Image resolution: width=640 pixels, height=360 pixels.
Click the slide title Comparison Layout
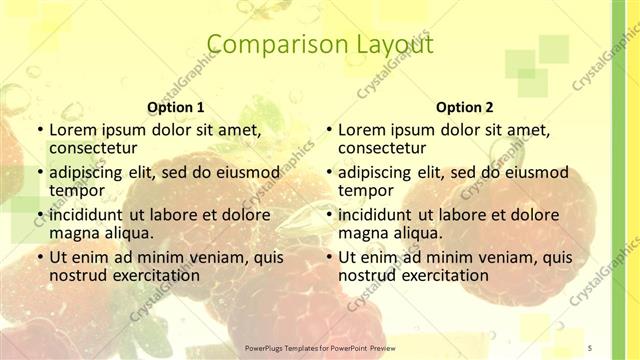pyautogui.click(x=320, y=45)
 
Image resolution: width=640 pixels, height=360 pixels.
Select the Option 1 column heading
pyautogui.click(x=176, y=107)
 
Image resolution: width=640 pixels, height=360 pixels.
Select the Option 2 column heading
pyautogui.click(x=464, y=107)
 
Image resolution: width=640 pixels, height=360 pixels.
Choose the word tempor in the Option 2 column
pyautogui.click(x=365, y=190)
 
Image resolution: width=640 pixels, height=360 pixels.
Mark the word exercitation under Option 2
pyautogui.click(x=442, y=275)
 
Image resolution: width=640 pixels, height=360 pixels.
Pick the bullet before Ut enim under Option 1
pyautogui.click(x=39, y=257)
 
